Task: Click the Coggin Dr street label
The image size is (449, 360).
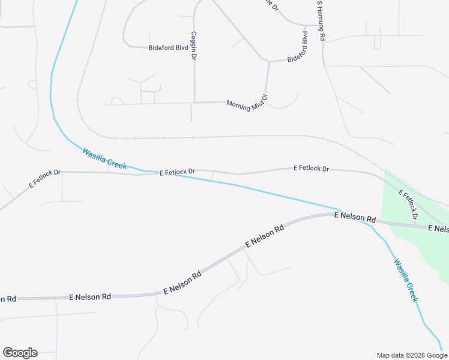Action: (x=194, y=46)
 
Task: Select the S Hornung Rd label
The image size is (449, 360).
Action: (x=321, y=20)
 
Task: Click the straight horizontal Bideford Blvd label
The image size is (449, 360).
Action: (x=169, y=47)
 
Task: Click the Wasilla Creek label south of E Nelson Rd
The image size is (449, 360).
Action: (x=405, y=280)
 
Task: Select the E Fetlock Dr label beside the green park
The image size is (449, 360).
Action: (x=408, y=204)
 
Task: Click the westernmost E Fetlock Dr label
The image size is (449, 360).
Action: (x=45, y=179)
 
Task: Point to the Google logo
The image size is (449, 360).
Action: (x=20, y=353)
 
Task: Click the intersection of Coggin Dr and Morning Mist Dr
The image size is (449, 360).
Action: (x=194, y=102)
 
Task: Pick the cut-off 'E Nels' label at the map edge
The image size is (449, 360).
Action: (x=438, y=228)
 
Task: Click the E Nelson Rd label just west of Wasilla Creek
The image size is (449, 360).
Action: (x=354, y=217)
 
